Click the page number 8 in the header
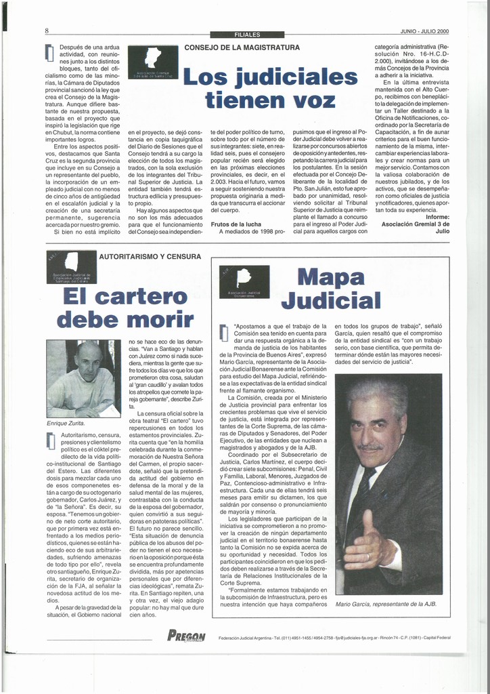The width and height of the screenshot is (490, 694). pyautogui.click(x=47, y=31)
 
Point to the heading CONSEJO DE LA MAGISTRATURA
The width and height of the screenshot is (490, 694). pyautogui.click(x=242, y=47)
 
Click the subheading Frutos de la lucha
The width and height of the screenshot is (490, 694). pyautogui.click(x=236, y=224)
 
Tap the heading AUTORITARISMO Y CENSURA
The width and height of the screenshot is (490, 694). pyautogui.click(x=150, y=257)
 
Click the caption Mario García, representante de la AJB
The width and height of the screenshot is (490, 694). pyautogui.click(x=386, y=604)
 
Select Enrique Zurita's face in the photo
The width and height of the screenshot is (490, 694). pyautogui.click(x=88, y=363)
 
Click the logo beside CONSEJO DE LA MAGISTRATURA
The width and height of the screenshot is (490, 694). pyautogui.click(x=152, y=62)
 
